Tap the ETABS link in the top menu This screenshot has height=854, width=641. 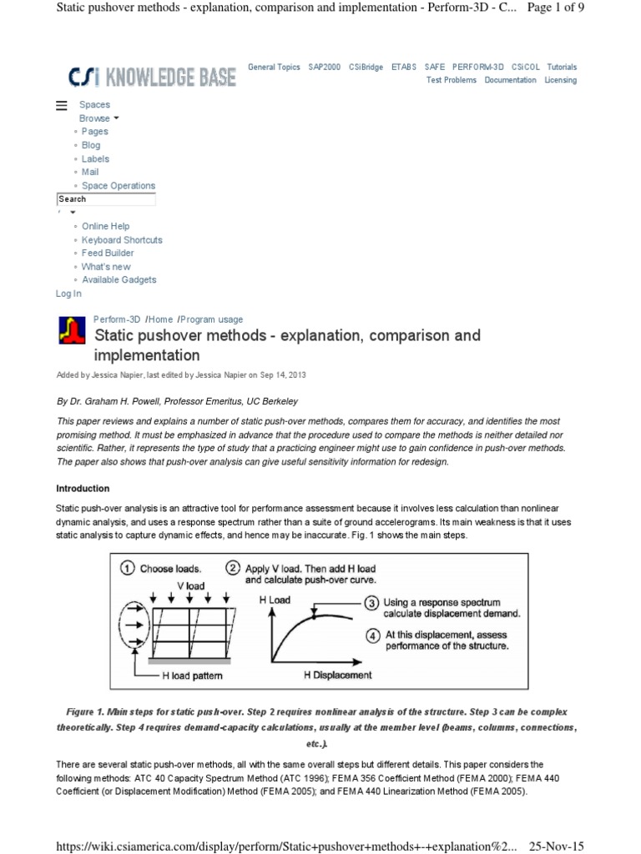pyautogui.click(x=404, y=67)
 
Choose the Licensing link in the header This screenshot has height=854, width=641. pyautogui.click(x=560, y=80)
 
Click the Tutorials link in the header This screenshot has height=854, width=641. pyautogui.click(x=561, y=67)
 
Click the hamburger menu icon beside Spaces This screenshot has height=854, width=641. pyautogui.click(x=61, y=105)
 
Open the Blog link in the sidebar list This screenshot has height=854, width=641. pyautogui.click(x=91, y=145)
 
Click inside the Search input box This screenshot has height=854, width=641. pyautogui.click(x=106, y=199)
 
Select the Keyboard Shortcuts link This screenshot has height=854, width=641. pyautogui.click(x=122, y=239)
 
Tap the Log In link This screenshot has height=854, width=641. pyautogui.click(x=68, y=294)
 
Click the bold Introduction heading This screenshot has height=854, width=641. pyautogui.click(x=83, y=489)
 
